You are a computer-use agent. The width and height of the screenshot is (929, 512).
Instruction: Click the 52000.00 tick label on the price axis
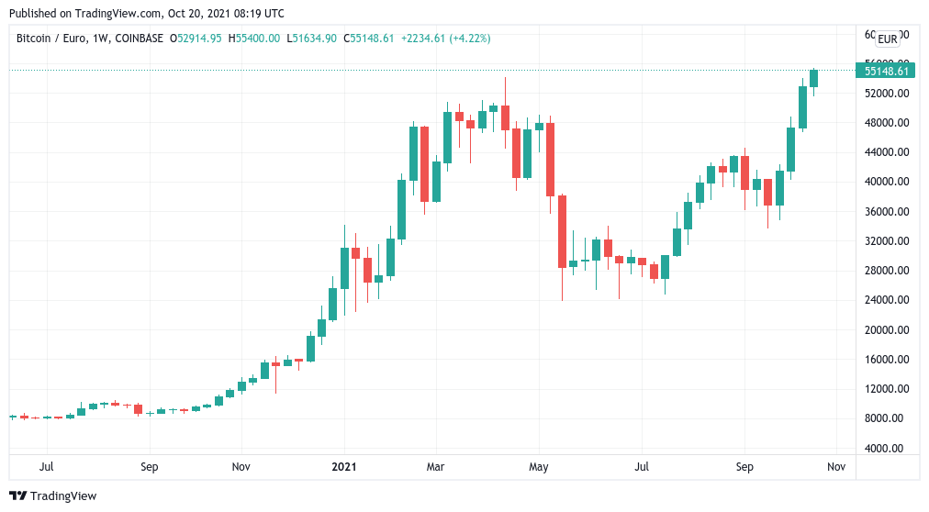(887, 94)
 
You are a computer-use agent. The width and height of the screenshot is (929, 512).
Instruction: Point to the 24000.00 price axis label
(887, 300)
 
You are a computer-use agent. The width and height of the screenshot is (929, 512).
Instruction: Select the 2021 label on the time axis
(344, 466)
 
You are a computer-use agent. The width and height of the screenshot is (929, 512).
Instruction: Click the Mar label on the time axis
(435, 466)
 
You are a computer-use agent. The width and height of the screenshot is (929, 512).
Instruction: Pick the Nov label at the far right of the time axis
(836, 466)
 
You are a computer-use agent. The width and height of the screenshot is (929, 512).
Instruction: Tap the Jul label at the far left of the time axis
(46, 466)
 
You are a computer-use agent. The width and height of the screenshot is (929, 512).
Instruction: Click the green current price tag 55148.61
(886, 71)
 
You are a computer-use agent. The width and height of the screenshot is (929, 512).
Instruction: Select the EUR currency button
(887, 39)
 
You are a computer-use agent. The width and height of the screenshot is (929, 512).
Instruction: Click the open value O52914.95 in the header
(196, 39)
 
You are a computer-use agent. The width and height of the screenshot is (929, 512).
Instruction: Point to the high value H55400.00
(253, 39)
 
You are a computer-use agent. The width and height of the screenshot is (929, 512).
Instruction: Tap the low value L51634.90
(311, 39)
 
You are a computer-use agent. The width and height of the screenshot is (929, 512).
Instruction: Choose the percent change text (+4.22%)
(470, 39)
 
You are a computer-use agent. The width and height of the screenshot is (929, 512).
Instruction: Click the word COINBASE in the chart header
(140, 39)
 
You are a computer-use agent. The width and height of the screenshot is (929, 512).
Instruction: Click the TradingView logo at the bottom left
(52, 496)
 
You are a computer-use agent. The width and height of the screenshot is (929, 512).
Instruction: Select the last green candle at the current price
(813, 78)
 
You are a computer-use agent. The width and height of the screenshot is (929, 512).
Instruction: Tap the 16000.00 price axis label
(887, 360)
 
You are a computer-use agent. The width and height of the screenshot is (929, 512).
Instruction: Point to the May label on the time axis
(539, 466)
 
